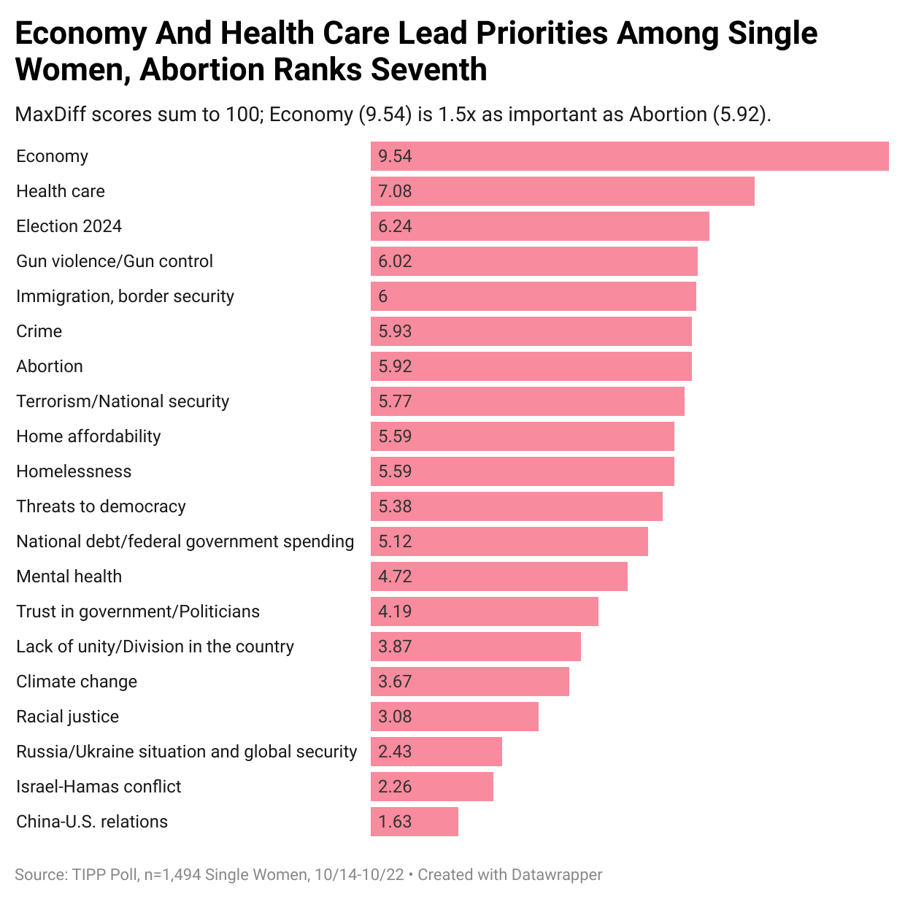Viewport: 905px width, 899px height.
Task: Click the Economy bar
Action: [629, 156]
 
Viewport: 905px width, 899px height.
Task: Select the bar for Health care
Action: [562, 191]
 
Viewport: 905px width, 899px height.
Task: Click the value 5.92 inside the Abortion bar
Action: [395, 366]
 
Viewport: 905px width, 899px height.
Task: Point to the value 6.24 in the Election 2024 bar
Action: [395, 226]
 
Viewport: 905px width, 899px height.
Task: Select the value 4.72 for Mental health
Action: [395, 576]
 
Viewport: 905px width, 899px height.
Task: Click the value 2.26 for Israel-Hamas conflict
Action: [395, 787]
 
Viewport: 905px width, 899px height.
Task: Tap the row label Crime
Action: [39, 331]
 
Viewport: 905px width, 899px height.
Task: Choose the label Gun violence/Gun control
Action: [115, 261]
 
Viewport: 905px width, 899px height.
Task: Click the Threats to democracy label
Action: [101, 506]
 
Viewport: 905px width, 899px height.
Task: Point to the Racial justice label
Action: [67, 717]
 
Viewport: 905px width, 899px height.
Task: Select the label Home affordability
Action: [88, 436]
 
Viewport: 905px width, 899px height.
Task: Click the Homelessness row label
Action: [74, 471]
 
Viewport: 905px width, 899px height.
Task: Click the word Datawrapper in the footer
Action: [557, 874]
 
